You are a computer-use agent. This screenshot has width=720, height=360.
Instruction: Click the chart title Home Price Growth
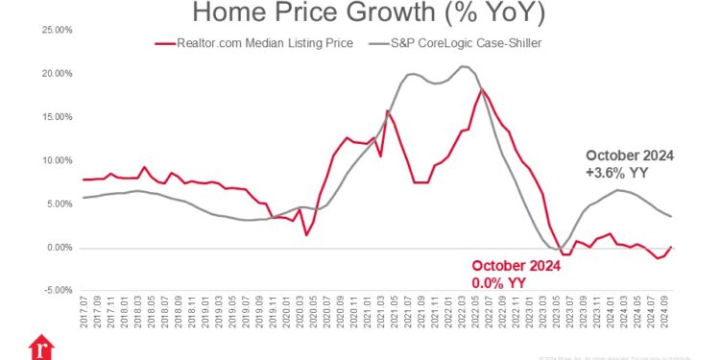(x=360, y=12)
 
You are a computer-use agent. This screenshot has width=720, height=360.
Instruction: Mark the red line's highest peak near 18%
(x=482, y=89)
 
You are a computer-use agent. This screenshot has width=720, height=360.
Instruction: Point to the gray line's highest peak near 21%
(x=464, y=66)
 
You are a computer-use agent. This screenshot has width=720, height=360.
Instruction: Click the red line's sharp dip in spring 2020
(x=306, y=234)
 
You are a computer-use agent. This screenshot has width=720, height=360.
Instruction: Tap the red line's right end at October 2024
(x=671, y=248)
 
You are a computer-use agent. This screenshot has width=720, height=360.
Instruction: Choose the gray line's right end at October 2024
(x=671, y=216)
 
